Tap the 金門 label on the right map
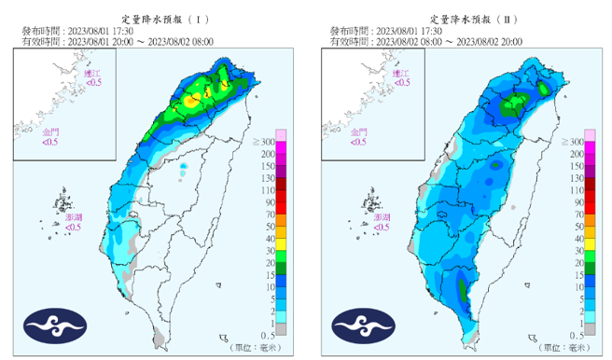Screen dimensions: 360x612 [x=357, y=131]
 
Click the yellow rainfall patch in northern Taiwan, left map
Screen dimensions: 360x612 [x=193, y=99]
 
